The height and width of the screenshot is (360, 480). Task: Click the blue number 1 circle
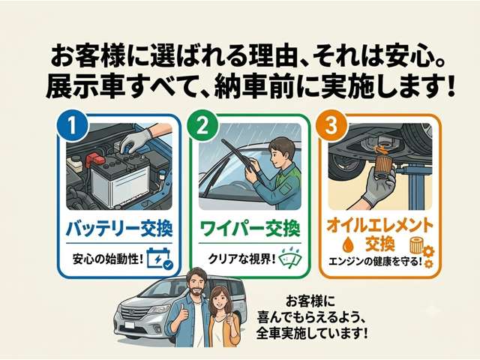[72, 125]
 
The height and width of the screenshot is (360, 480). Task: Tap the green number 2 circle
[202, 125]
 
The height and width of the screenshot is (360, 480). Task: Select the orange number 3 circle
[331, 125]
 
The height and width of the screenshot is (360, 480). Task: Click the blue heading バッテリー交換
[119, 229]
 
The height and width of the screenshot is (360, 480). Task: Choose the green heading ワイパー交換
[250, 229]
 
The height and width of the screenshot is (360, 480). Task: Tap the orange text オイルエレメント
[380, 226]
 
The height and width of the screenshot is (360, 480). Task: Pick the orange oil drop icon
[348, 244]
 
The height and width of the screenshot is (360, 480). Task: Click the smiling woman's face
[219, 301]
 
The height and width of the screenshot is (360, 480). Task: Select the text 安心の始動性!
[108, 259]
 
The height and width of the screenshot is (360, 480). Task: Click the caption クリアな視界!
[242, 259]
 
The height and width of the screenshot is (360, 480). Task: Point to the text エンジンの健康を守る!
[375, 262]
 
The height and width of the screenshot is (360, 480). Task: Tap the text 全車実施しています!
[312, 333]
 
